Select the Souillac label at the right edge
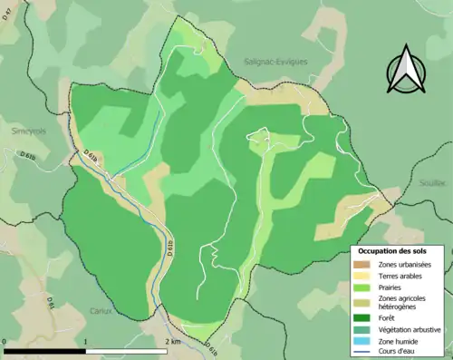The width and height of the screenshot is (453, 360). (x=435, y=182)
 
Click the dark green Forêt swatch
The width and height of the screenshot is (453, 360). (x=363, y=318)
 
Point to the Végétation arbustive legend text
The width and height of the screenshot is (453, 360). (x=410, y=329)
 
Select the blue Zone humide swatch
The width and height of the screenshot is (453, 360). (x=363, y=340)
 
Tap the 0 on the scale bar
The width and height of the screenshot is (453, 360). (x=5, y=341)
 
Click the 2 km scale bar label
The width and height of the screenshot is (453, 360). (x=173, y=341)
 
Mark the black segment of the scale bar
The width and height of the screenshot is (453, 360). (x=44, y=350)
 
